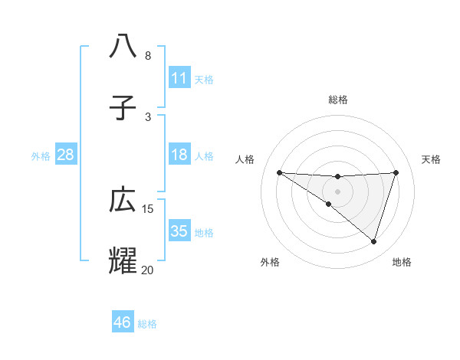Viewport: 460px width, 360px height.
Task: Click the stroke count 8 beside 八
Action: point(148,56)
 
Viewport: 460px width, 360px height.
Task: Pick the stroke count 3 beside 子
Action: point(148,116)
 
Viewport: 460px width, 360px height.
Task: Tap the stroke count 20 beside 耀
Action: point(148,270)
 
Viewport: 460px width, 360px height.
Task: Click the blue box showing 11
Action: point(179,77)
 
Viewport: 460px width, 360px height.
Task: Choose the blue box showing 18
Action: point(179,155)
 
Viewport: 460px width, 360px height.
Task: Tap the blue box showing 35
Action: point(179,231)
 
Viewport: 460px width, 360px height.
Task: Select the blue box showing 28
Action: point(66,155)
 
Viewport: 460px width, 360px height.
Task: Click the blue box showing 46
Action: point(123,322)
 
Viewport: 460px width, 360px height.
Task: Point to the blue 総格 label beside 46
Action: point(147,324)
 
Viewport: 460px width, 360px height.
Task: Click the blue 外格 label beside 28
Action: point(41,156)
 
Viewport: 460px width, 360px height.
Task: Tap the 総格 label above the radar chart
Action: point(338,100)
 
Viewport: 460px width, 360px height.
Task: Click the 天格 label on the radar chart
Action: point(431,159)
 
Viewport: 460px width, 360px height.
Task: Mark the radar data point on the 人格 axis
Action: point(279,172)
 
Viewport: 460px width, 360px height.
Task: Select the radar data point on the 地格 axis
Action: point(373,242)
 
